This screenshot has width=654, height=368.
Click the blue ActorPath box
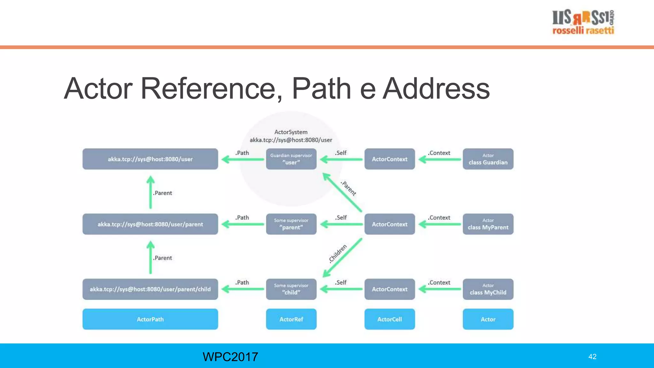click(150, 319)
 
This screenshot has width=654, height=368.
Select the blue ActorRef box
click(291, 319)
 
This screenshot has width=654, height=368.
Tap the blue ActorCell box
click(390, 319)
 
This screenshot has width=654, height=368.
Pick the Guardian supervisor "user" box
click(291, 159)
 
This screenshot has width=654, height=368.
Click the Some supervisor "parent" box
click(291, 224)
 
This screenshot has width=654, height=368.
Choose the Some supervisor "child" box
click(291, 289)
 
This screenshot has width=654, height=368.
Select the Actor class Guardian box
click(488, 159)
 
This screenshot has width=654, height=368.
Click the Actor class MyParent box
click(488, 224)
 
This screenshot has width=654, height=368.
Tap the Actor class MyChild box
click(488, 289)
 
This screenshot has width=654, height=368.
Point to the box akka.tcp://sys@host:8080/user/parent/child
click(150, 289)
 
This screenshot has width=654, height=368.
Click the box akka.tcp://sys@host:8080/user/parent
click(150, 224)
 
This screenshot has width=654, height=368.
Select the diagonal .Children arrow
click(342, 257)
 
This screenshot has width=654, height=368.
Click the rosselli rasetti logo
click(583, 22)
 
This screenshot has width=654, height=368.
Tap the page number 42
click(592, 357)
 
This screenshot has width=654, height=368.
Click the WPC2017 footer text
click(230, 357)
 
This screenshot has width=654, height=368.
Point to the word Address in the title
click(436, 88)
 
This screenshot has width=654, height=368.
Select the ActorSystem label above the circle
click(291, 132)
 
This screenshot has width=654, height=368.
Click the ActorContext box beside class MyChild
click(390, 289)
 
